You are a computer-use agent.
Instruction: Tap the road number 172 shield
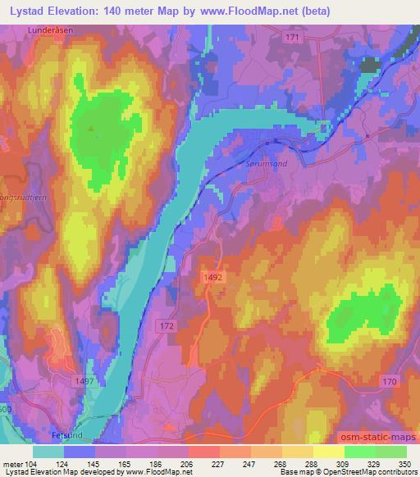click(x=167, y=326)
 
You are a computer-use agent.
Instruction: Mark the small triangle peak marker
click(x=92, y=127)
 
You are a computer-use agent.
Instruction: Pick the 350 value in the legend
click(x=406, y=464)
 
